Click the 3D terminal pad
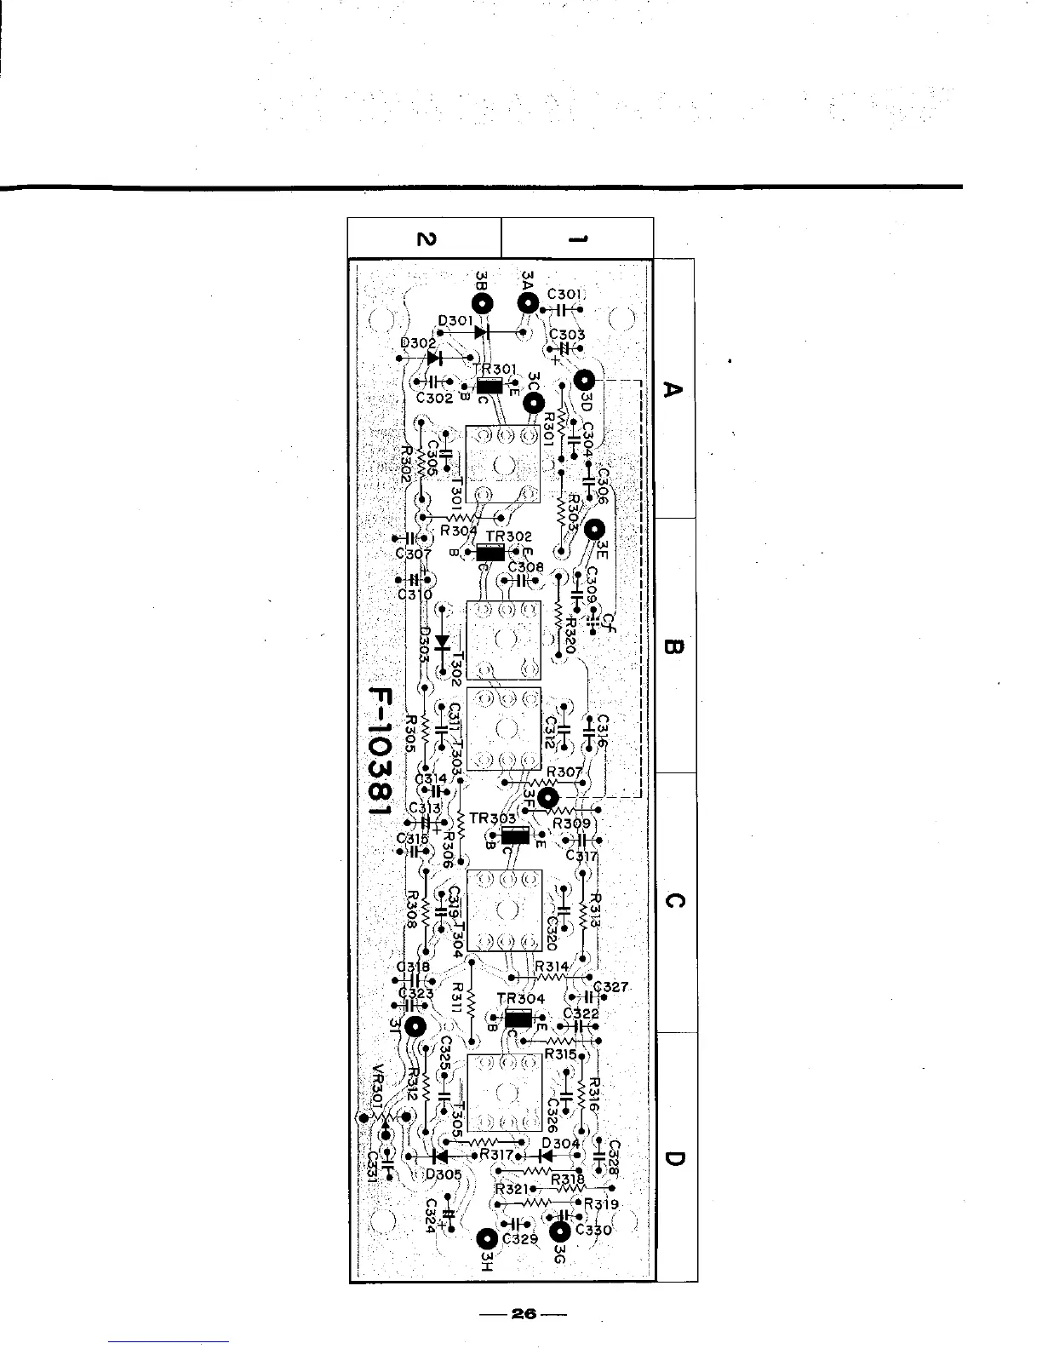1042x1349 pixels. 585,381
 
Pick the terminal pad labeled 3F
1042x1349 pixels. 549,798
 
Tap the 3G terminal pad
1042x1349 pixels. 559,1231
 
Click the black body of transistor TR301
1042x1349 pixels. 489,387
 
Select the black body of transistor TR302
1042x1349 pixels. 495,551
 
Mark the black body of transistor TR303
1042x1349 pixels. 515,835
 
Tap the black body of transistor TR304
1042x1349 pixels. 518,1019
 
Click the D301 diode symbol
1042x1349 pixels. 483,331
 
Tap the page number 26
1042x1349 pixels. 522,1315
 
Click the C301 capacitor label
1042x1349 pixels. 564,294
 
